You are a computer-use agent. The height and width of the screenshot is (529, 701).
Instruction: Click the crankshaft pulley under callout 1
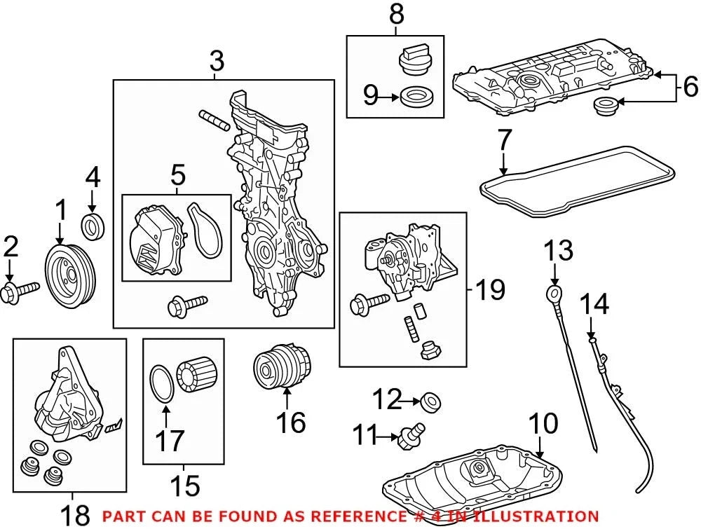coord(70,275)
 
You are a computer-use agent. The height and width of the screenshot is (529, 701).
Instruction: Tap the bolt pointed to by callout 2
coord(20,291)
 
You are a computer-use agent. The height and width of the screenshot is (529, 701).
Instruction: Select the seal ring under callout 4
coord(93,226)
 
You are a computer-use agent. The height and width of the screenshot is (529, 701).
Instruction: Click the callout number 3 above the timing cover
coord(217,61)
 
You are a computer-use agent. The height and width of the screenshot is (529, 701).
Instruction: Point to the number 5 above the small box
coord(177,175)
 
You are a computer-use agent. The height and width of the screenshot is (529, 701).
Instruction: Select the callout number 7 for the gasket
coord(504,139)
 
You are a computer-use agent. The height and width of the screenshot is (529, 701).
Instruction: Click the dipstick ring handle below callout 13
coord(554,295)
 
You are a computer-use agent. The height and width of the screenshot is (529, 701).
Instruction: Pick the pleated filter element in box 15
coord(196,374)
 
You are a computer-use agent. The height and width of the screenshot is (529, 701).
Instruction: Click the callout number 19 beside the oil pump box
coord(490,289)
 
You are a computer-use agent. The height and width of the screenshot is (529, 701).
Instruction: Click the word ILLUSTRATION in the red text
coord(536,516)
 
